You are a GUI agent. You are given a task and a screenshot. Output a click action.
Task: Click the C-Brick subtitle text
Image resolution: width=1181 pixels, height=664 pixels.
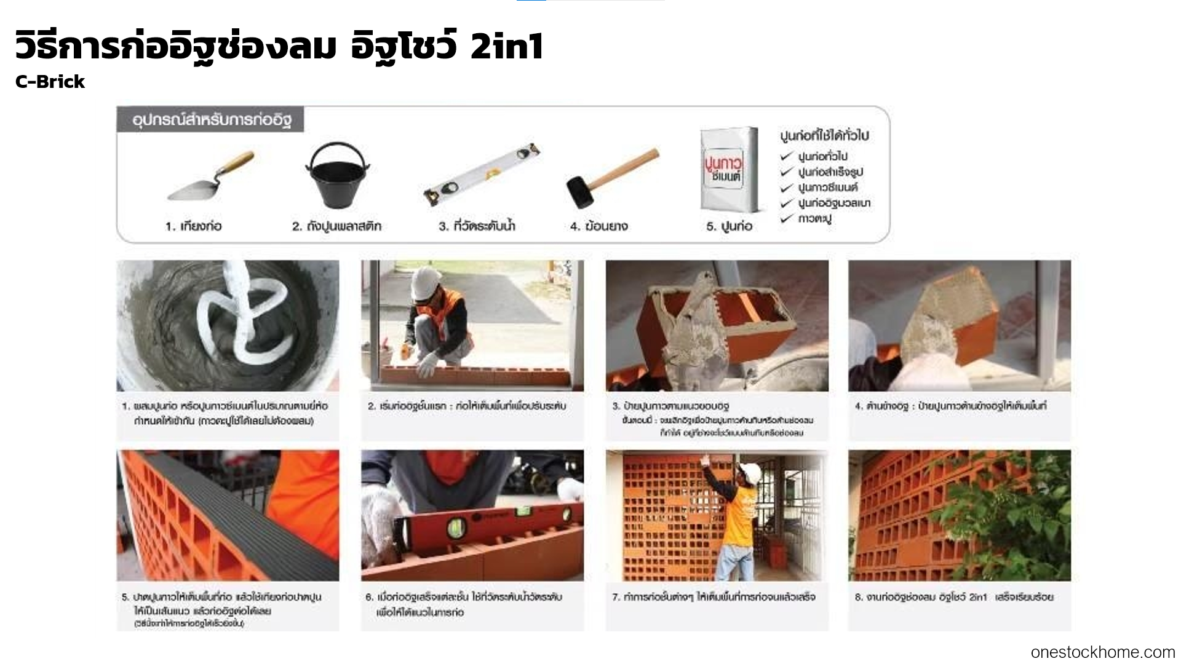pyautogui.click(x=50, y=82)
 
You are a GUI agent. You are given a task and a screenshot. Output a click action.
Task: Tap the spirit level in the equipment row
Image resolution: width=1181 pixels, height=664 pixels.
pyautogui.click(x=482, y=175)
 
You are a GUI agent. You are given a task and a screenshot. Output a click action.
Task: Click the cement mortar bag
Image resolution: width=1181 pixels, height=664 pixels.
pyautogui.click(x=728, y=170)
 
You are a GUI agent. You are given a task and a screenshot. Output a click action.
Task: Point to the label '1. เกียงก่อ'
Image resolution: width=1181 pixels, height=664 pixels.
pyautogui.click(x=193, y=226)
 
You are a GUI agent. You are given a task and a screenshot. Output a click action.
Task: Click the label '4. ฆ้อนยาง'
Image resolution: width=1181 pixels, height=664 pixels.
pyautogui.click(x=598, y=226)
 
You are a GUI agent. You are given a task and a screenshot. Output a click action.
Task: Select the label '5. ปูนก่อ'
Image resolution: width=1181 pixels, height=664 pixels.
pyautogui.click(x=729, y=226)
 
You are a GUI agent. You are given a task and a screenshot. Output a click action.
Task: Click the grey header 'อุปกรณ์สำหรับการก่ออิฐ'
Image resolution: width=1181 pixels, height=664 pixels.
pyautogui.click(x=211, y=120)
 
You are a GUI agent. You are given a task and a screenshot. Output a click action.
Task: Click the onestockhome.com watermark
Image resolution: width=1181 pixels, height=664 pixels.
pyautogui.click(x=1102, y=652)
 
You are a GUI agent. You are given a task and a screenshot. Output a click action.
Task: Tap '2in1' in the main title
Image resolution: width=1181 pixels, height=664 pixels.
pyautogui.click(x=507, y=47)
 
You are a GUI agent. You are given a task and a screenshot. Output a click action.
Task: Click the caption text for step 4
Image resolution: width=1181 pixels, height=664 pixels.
pyautogui.click(x=950, y=406)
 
